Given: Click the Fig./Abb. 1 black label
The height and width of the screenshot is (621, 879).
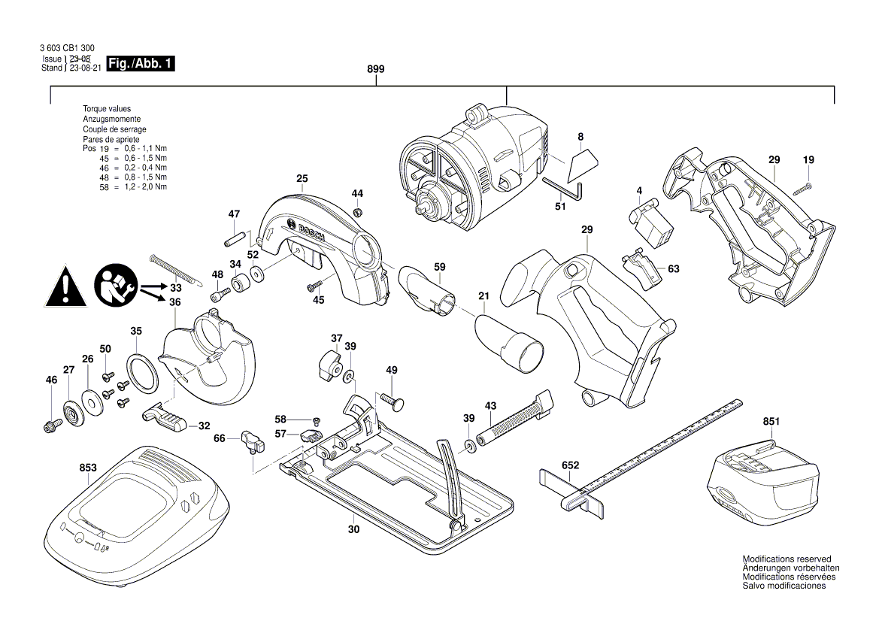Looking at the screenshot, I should click(141, 64).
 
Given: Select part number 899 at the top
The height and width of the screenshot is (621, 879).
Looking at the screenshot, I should click(376, 69).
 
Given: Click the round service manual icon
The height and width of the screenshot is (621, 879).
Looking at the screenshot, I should click(114, 286).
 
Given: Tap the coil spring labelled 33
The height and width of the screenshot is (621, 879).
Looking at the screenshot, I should click(177, 270).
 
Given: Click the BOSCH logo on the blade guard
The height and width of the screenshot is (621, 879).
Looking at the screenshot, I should click(308, 232).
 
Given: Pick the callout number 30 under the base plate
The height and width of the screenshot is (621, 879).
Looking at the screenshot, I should click(354, 529).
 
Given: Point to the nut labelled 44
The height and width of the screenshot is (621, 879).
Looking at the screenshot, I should click(358, 210).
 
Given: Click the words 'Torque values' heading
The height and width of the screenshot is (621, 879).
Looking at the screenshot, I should click(107, 109).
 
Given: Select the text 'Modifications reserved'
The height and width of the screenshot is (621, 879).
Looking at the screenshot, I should click(787, 559).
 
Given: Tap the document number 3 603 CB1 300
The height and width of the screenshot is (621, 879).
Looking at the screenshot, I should click(67, 48).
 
